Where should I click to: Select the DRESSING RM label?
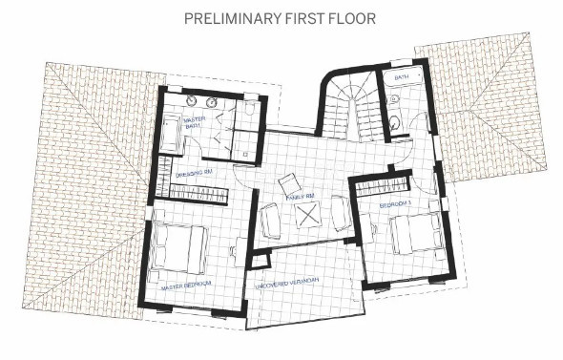click(194, 175)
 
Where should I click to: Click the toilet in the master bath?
click(249, 109)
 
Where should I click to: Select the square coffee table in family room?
click(308, 217)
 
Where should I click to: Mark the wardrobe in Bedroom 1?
click(382, 184)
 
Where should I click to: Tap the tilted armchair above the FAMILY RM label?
click(287, 182)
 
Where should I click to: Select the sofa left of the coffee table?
click(271, 222)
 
